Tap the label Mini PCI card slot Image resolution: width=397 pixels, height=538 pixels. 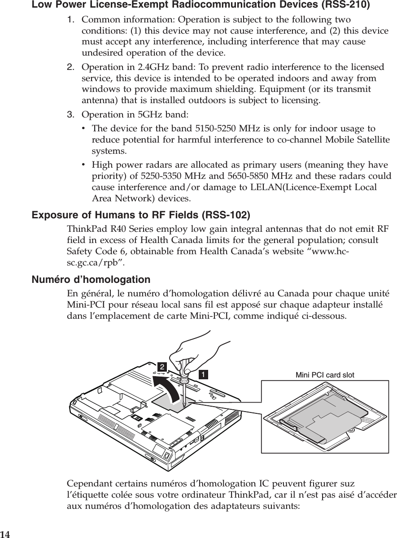tap(325, 375)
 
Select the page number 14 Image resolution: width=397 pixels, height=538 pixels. tap(5, 534)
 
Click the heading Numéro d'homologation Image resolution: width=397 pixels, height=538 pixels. tap(91, 280)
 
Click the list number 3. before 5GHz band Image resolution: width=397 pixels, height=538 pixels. tap(71, 114)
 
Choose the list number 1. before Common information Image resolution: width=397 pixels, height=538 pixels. tap(71, 20)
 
